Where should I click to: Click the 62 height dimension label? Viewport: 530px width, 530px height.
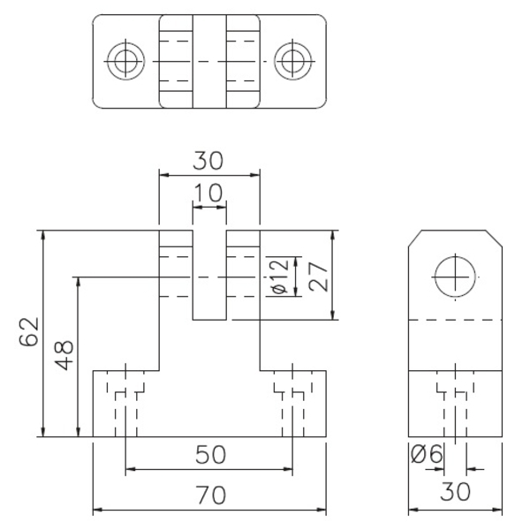[x=29, y=332]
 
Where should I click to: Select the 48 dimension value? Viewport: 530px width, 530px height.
[x=64, y=355]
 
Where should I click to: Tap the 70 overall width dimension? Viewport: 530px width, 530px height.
[x=210, y=495]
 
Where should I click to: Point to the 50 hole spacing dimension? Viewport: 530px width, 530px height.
[x=210, y=455]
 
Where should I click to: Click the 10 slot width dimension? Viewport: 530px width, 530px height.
[x=208, y=193]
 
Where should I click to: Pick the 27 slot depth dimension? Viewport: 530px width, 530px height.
[x=318, y=276]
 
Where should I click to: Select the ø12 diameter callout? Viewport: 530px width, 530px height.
[x=281, y=276]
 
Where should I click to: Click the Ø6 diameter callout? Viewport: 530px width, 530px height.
[x=427, y=453]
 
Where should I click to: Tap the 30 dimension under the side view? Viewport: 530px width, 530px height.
[x=455, y=492]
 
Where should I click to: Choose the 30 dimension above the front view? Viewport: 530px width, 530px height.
[x=208, y=161]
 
